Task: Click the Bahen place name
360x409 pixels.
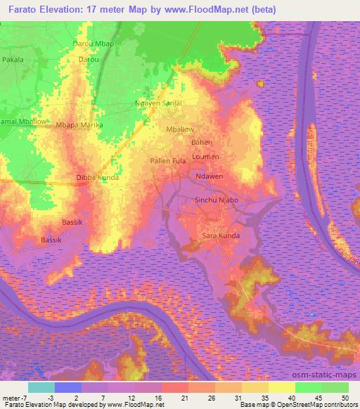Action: point(202,142)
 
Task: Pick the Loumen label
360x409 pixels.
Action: point(205,156)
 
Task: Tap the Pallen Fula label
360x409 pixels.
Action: point(169,161)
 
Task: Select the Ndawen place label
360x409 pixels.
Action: point(210,177)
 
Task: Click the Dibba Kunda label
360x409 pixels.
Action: point(97,178)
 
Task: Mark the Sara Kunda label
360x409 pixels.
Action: point(221,235)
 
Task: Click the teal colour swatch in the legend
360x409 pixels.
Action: point(41,387)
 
